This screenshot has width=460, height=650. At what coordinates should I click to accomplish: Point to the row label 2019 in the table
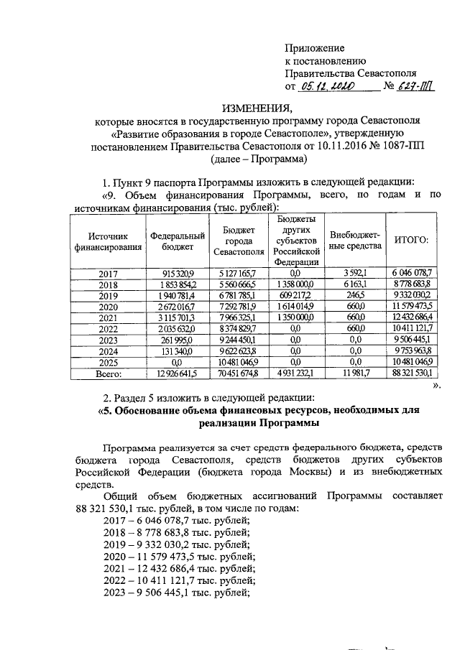(108, 295)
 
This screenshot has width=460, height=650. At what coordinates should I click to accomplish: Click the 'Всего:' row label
(108, 374)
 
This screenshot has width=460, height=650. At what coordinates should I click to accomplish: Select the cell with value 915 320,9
(178, 273)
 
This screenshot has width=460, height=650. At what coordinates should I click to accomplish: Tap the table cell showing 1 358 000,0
(295, 284)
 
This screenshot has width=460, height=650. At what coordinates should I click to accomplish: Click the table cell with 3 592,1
(355, 273)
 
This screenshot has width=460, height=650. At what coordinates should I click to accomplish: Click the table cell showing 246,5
(355, 295)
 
